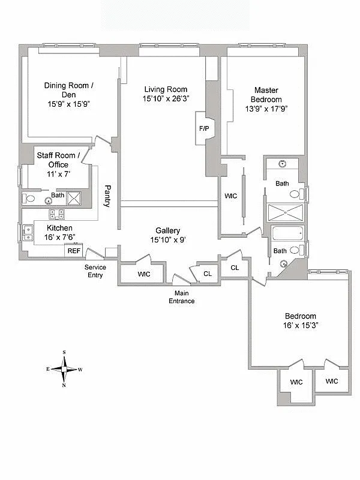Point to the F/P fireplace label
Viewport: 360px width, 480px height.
(204, 128)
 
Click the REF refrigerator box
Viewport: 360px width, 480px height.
(73, 250)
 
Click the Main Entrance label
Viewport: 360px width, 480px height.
(181, 297)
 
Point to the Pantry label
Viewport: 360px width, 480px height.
(107, 195)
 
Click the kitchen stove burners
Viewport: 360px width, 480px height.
(57, 215)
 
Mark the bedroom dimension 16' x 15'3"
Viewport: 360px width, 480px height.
(301, 325)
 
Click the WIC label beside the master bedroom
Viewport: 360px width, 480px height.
(230, 196)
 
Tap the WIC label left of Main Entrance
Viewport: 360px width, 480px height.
(143, 274)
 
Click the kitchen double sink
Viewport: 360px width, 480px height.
(27, 232)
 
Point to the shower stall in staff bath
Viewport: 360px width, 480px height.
(74, 198)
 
